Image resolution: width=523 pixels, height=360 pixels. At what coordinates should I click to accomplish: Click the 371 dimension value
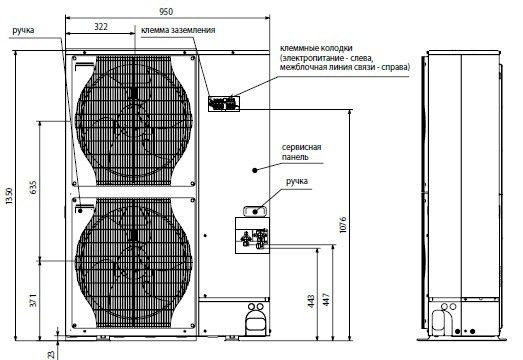click(34, 300)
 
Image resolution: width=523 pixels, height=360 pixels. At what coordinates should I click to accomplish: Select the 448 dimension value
click(313, 300)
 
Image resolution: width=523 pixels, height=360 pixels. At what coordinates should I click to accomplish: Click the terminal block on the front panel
click(222, 102)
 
